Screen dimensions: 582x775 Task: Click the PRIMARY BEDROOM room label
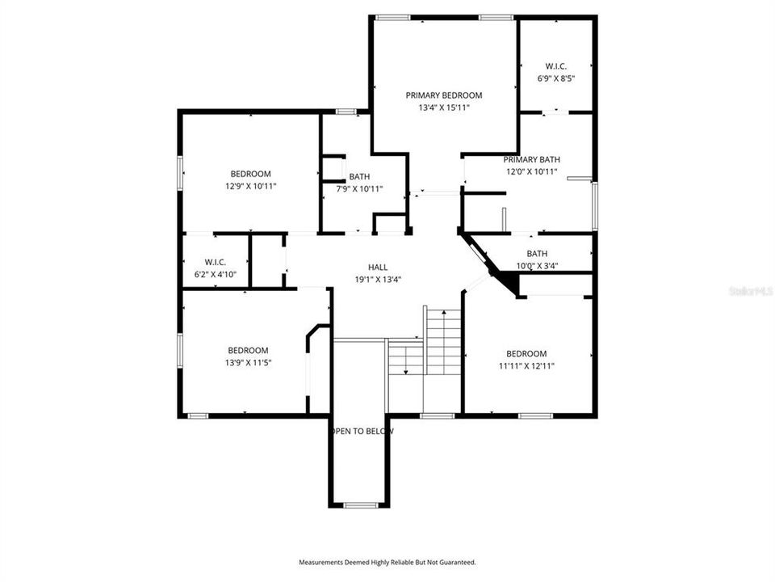tap(443, 95)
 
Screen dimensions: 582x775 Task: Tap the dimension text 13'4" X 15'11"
tap(443, 107)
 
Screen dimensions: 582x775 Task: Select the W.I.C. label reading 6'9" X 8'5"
tap(555, 66)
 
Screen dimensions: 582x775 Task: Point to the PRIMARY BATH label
tap(531, 160)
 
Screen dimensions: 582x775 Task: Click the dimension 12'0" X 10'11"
tap(531, 172)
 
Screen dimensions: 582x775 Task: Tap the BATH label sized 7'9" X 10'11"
tap(359, 177)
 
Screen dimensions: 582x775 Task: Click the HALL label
tap(378, 267)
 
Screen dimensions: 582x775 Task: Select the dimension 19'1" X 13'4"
tap(378, 279)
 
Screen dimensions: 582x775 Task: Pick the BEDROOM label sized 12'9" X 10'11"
tap(250, 174)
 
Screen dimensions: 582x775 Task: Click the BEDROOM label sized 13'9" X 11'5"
tap(247, 350)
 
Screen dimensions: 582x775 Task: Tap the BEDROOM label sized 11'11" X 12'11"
tap(526, 353)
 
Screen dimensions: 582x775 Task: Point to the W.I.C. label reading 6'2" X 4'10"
tap(215, 263)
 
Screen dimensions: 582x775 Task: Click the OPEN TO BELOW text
tap(362, 432)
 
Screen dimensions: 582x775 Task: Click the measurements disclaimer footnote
tap(387, 562)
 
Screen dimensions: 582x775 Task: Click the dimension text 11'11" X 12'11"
tap(526, 365)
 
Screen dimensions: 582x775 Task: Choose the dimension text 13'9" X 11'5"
tap(247, 362)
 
